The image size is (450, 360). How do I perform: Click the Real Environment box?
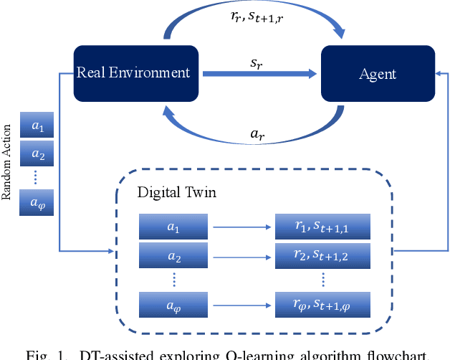pos(135,72)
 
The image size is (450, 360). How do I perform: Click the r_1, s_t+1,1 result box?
pos(322,228)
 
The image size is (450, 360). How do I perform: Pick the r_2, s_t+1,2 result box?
pos(322,255)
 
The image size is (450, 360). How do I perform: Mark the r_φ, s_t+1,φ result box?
pos(322,305)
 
